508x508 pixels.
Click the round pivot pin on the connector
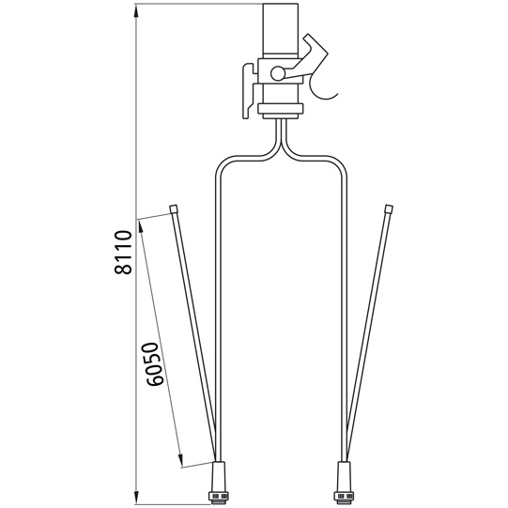pos(277,74)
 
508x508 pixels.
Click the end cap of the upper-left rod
pos(175,208)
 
